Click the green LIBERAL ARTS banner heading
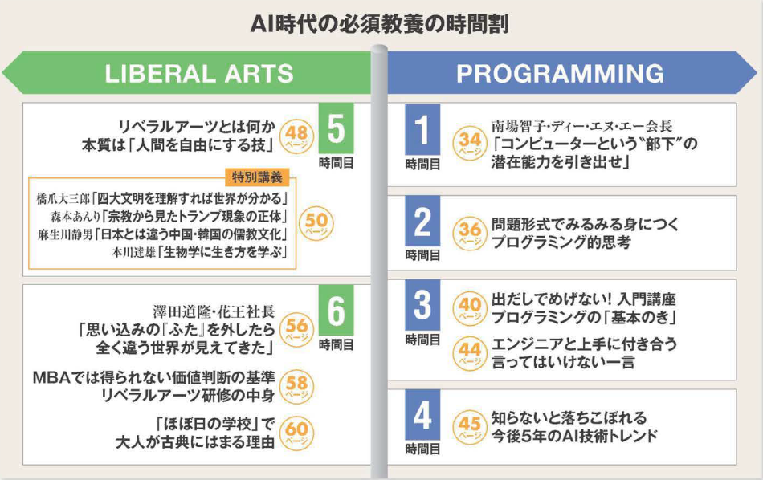pyautogui.click(x=199, y=73)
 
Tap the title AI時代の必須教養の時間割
pyautogui.click(x=380, y=24)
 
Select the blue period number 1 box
pyautogui.click(x=422, y=129)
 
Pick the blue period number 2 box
pyautogui.click(x=422, y=222)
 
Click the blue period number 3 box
pyautogui.click(x=422, y=305)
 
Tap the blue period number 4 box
pyautogui.click(x=422, y=415)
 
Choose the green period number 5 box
pyautogui.click(x=337, y=128)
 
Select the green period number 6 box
pyautogui.click(x=337, y=311)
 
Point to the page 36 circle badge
pyautogui.click(x=470, y=233)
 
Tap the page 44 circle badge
pyautogui.click(x=470, y=352)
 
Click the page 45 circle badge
pyautogui.click(x=470, y=426)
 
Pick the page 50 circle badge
pyautogui.click(x=316, y=224)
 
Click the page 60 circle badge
pyautogui.click(x=296, y=433)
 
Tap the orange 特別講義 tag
pyautogui.click(x=257, y=177)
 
